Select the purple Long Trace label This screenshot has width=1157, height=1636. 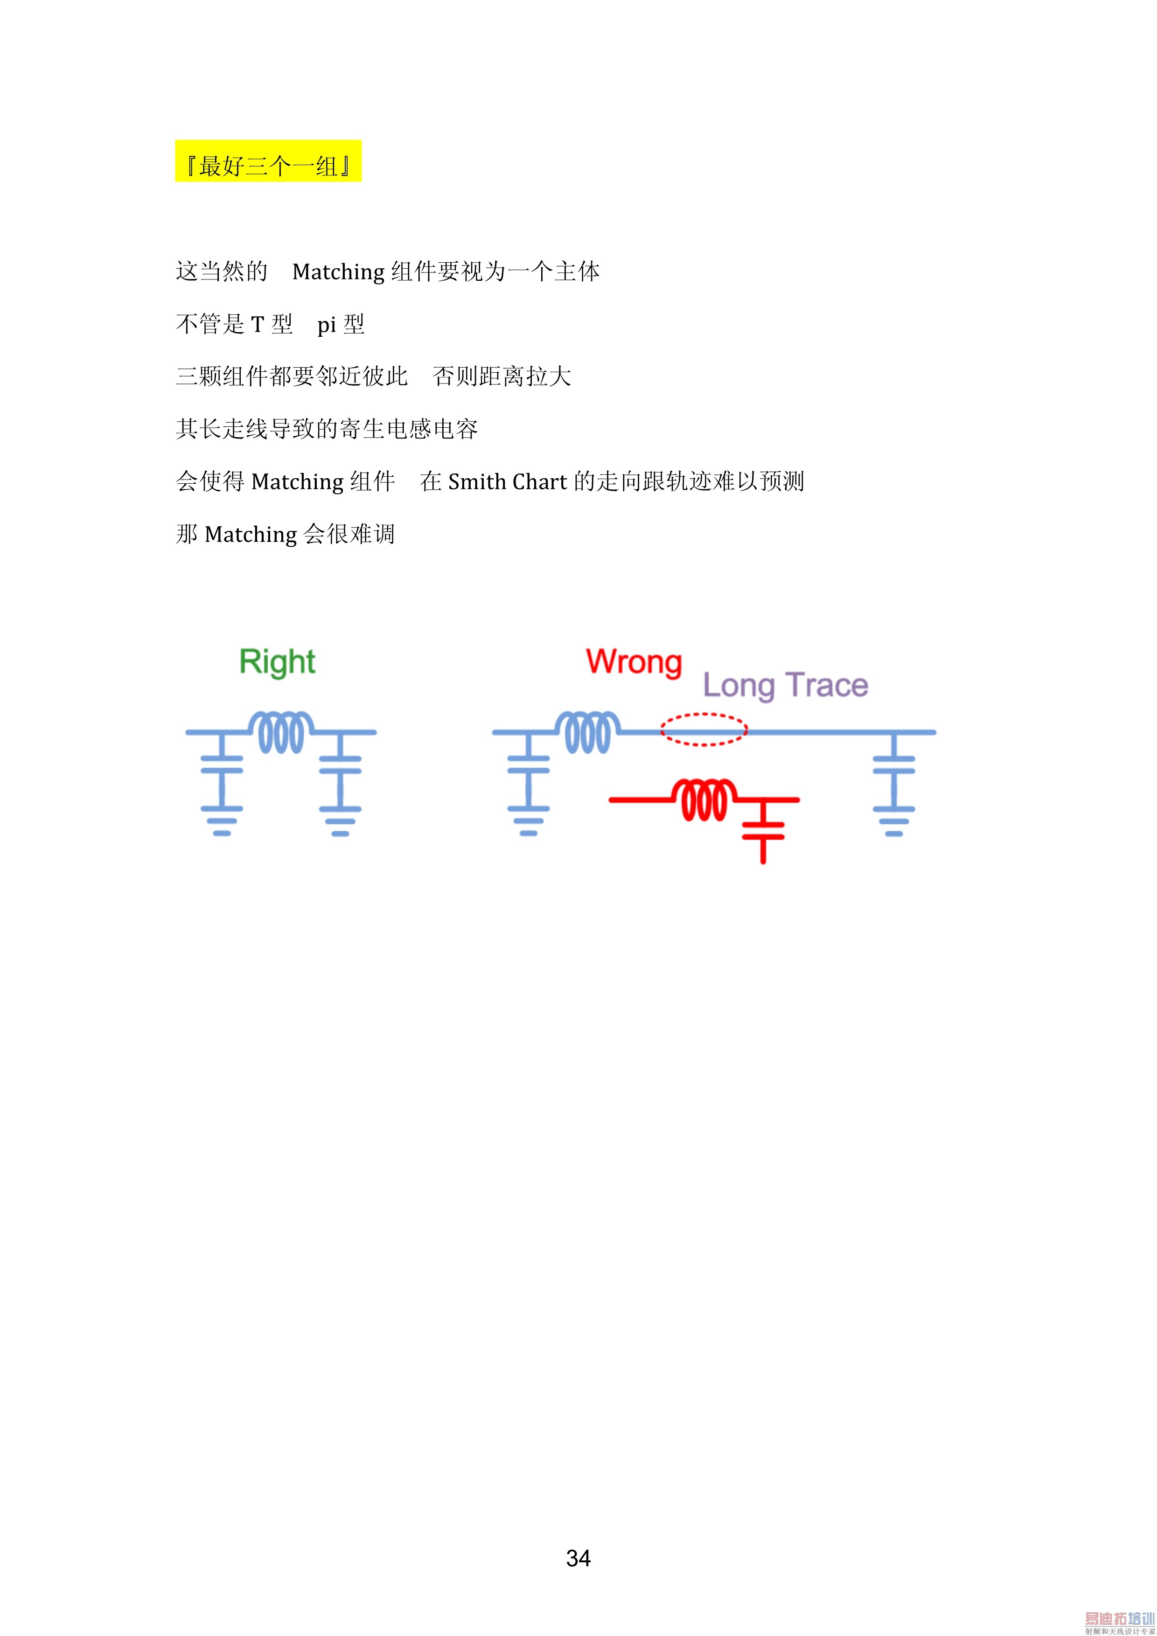click(785, 685)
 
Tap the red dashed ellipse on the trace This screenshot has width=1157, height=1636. click(703, 729)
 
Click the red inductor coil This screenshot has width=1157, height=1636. click(704, 800)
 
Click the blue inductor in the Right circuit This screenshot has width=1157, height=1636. click(281, 732)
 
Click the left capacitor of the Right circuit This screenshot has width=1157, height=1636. click(222, 764)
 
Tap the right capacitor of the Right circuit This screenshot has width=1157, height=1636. click(340, 764)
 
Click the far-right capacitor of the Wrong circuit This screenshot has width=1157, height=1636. click(893, 764)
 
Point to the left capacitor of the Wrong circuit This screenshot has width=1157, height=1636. click(528, 764)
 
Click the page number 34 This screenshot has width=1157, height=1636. click(578, 1559)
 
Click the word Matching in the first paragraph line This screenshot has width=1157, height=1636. click(338, 272)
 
